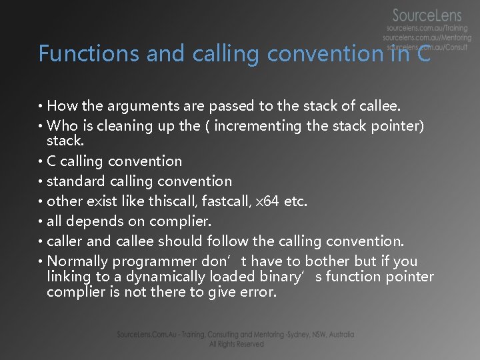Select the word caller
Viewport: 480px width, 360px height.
(x=66, y=241)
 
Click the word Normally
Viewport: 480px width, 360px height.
(x=77, y=261)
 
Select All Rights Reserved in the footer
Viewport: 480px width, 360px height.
(x=236, y=344)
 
